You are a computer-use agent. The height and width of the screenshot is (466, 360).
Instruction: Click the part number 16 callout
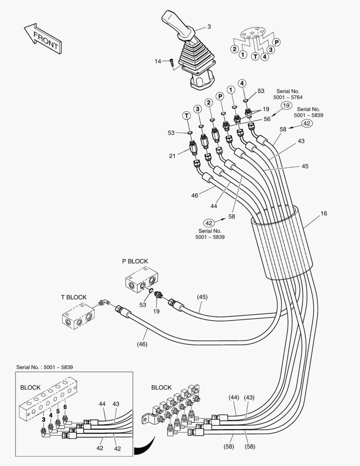point(324,213)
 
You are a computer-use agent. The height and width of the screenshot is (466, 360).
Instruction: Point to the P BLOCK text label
point(135,261)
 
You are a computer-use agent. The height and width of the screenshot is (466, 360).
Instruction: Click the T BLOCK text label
point(73,297)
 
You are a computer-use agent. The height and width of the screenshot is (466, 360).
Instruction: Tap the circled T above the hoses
point(186,115)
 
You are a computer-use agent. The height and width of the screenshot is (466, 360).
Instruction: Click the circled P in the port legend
point(277,42)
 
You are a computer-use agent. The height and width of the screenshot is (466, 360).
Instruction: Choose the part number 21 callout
point(172,156)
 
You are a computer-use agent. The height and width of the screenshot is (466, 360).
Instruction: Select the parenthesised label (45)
point(203,297)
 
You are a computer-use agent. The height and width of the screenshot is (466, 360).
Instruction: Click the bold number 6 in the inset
point(65,407)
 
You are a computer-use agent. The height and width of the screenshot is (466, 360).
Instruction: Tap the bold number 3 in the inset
point(43,419)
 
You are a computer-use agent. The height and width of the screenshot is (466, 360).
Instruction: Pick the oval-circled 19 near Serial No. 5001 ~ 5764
point(286,105)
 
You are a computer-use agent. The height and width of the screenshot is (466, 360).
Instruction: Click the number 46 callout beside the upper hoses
point(194,195)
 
